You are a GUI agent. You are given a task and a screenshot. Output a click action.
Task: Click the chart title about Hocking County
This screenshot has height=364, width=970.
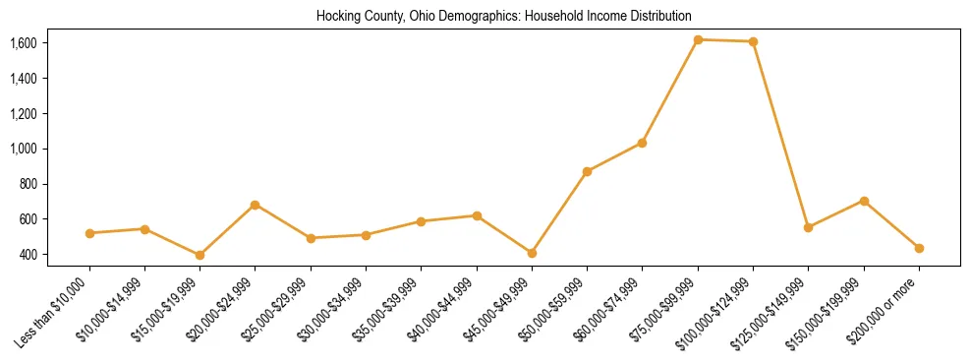pyautogui.click(x=504, y=17)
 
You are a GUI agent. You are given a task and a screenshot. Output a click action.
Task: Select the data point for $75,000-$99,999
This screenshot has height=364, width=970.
pyautogui.click(x=698, y=39)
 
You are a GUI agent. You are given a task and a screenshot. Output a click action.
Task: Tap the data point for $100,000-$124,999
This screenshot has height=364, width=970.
pyautogui.click(x=753, y=41)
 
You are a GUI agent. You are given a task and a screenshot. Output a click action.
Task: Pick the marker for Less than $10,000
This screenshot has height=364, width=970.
pyautogui.click(x=89, y=233)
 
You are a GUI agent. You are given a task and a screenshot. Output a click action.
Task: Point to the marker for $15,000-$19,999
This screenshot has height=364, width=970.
pyautogui.click(x=200, y=255)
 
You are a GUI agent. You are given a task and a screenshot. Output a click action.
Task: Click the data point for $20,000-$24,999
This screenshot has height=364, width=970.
pyautogui.click(x=256, y=205)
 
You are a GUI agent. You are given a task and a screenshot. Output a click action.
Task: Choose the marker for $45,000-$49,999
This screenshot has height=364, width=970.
pyautogui.click(x=532, y=253)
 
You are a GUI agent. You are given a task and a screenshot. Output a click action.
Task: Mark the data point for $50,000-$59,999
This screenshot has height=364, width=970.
pyautogui.click(x=587, y=171)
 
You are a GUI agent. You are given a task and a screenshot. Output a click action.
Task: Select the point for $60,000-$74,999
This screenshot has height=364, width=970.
pyautogui.click(x=642, y=143)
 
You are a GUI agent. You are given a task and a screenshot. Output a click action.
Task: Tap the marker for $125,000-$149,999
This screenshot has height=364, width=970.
pyautogui.click(x=808, y=227)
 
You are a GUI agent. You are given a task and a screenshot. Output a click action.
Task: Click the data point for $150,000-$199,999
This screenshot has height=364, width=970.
pyautogui.click(x=864, y=201)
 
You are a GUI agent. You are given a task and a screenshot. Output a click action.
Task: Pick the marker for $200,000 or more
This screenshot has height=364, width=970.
pyautogui.click(x=919, y=248)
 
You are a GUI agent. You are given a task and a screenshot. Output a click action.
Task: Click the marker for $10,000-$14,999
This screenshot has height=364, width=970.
pyautogui.click(x=144, y=229)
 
